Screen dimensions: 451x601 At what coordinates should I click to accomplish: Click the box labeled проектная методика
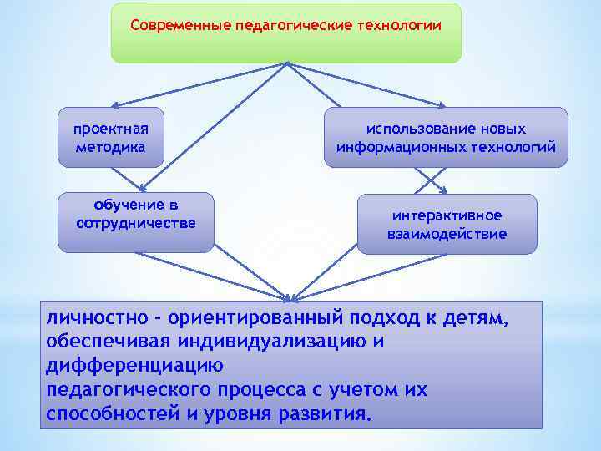(110, 137)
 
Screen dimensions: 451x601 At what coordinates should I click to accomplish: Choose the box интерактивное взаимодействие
(447, 224)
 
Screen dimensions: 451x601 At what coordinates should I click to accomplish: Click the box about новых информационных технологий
(446, 138)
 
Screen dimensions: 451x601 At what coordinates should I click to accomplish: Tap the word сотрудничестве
(136, 223)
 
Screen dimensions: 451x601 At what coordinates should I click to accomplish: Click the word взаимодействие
(447, 234)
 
